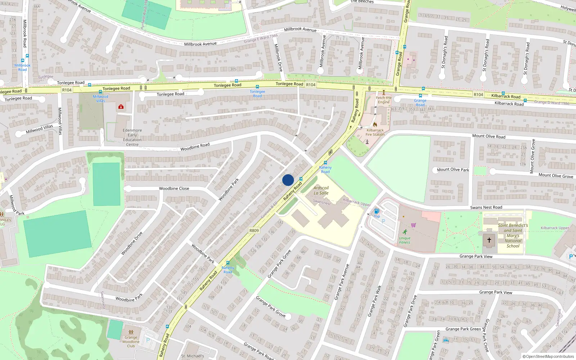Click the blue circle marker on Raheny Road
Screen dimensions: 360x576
coord(288,180)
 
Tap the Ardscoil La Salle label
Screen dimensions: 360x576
coord(321,190)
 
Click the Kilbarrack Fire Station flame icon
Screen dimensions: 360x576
coord(375,125)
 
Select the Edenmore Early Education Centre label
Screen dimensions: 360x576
coord(132,138)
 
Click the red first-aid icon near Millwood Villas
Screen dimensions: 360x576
coord(121,107)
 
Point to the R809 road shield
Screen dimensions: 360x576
coord(254,230)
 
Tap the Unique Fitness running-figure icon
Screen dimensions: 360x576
coord(405,232)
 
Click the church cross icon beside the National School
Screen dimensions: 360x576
coord(489,240)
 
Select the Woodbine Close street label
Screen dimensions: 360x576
coord(174,188)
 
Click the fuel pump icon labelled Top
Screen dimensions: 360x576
coord(377,211)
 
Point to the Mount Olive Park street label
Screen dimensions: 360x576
coord(453,170)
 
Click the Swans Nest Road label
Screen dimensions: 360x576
coord(486,207)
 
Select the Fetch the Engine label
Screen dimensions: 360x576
coord(383,100)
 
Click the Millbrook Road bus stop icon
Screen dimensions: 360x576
coord(23,60)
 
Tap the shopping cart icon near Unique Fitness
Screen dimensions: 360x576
coord(413,225)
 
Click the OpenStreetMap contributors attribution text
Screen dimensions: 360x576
coord(548,356)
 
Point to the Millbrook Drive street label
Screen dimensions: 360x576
coord(278,57)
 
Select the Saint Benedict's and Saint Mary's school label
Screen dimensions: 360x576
coord(513,235)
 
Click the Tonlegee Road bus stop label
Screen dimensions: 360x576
coord(257,94)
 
